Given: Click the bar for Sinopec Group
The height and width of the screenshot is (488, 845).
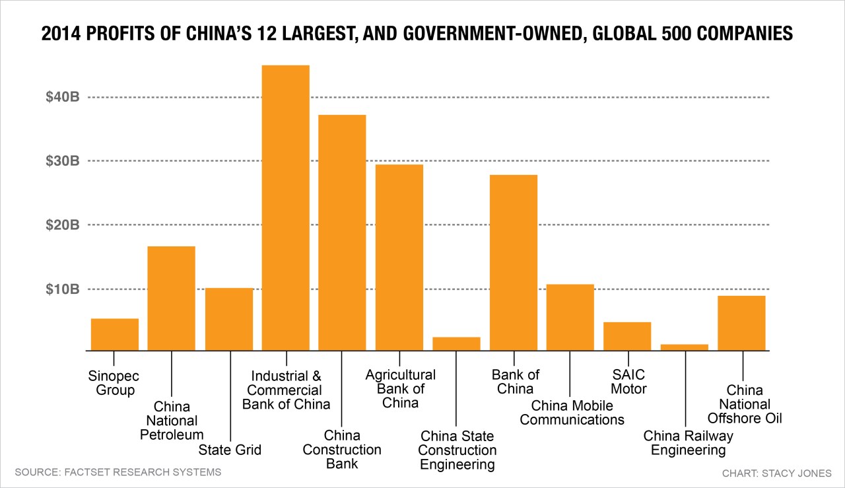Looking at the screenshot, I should pos(115,334).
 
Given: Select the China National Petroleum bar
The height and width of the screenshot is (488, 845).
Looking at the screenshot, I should pos(171,298).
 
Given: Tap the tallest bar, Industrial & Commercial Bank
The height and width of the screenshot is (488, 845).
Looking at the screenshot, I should pos(285,207).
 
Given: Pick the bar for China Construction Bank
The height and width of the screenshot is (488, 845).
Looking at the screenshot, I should pos(342,232).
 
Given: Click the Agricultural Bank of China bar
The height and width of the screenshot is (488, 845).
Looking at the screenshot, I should pos(399,257).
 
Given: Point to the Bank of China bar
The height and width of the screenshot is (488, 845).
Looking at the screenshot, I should pos(514,262).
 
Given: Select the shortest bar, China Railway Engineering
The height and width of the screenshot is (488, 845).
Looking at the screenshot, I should pos(684,347).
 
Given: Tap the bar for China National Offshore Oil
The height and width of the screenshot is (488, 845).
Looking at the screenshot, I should pos(741,323).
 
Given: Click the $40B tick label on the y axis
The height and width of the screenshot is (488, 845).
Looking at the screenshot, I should pos(62,98).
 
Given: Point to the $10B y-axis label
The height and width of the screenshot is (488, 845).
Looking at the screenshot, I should pos(62,289).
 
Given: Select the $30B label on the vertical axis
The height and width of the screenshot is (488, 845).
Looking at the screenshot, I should pos(62,161).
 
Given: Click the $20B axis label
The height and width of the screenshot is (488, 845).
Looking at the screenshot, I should pos(62,225).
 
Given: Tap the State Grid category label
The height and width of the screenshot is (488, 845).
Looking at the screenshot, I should pos(230,450).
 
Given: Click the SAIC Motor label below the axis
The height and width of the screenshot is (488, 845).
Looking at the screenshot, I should pos(628,382).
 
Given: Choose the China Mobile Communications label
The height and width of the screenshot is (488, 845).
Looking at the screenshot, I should pos(572,412).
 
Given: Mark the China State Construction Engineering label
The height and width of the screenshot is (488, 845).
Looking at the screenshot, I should pos(457,450).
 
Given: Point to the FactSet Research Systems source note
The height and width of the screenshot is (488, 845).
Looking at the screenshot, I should pos(118,472).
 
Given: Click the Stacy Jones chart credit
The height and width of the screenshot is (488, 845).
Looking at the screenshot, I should pos(777,473).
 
